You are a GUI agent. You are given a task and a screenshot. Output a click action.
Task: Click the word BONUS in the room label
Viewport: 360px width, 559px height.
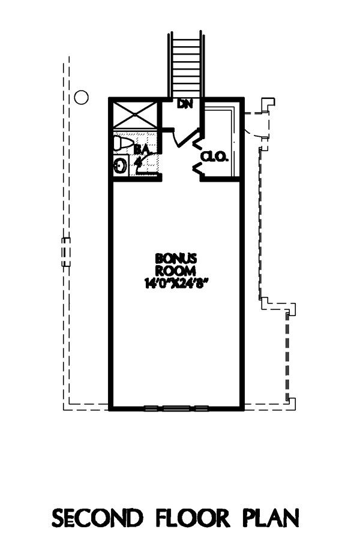176,258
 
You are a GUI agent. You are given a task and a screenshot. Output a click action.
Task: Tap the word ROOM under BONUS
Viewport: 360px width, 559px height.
176,271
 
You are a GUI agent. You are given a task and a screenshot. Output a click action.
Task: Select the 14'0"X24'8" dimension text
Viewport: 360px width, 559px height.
176,283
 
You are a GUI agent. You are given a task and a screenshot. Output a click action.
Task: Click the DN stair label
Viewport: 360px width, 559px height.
185,104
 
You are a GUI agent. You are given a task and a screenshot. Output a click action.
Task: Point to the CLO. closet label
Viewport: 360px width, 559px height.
214,157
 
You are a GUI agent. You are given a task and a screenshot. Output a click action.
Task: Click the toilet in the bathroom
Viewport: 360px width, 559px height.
122,143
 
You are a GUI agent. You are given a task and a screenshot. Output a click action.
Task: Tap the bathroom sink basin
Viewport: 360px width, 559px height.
120,166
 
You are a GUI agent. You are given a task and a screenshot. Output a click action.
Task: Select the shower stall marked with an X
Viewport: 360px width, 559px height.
135,115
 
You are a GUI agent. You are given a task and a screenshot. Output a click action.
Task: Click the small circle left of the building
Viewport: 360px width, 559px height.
81,97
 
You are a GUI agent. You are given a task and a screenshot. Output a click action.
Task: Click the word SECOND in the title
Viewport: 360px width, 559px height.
97,518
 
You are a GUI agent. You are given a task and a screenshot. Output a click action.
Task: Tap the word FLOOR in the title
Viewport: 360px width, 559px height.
193,518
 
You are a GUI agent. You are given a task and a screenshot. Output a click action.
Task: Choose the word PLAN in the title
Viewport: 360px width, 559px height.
271,518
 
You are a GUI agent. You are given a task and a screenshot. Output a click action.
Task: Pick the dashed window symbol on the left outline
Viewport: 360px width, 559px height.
66,252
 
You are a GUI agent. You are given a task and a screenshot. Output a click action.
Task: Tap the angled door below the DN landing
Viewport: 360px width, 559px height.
187,139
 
